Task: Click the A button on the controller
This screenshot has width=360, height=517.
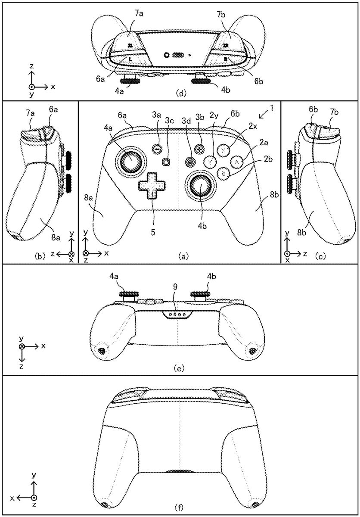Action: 236,161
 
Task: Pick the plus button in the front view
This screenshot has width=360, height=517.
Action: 199,149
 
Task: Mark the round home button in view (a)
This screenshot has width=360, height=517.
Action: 189,162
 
